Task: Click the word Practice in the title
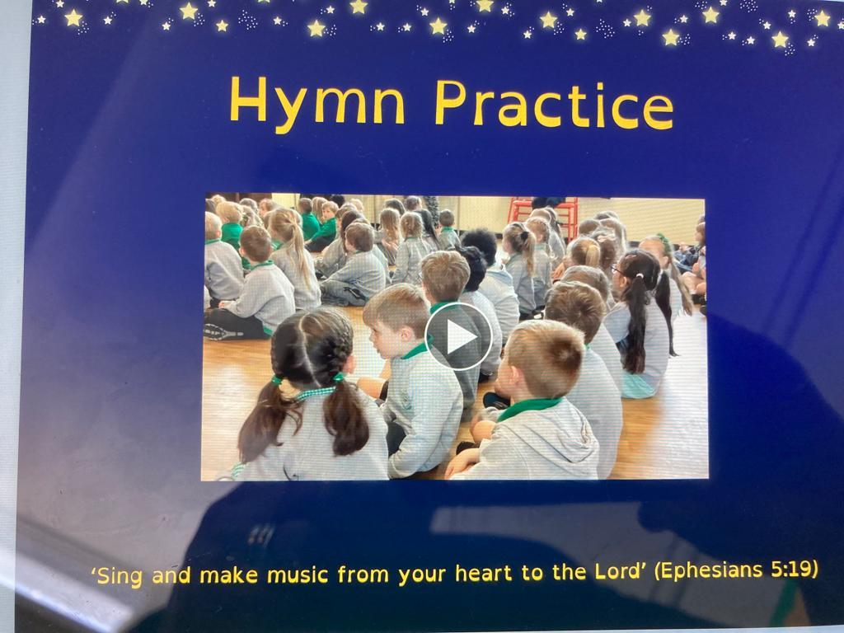pyautogui.click(x=554, y=105)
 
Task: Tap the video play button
pyautogui.click(x=458, y=336)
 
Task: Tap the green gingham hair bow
pyautogui.click(x=316, y=392)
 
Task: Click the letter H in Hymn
pyautogui.click(x=248, y=99)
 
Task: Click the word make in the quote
pyautogui.click(x=229, y=575)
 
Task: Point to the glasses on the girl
pyautogui.click(x=617, y=270)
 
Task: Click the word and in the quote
pyautogui.click(x=171, y=576)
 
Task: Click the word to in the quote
pyautogui.click(x=532, y=573)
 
